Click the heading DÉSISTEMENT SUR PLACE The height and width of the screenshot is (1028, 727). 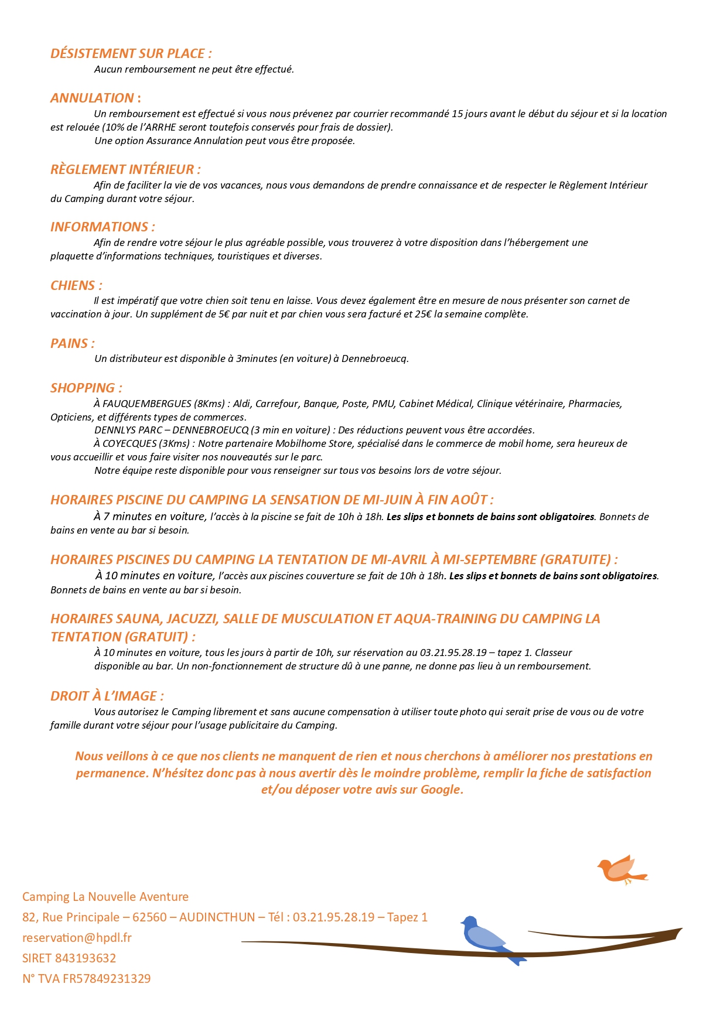click(131, 53)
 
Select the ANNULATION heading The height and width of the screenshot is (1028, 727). click(95, 98)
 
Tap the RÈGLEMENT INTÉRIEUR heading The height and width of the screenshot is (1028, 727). click(125, 169)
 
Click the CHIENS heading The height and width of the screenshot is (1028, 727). click(76, 285)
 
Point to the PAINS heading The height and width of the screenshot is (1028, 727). click(72, 343)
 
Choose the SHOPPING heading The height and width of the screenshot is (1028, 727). click(86, 388)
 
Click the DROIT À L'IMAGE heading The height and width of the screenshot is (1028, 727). click(107, 696)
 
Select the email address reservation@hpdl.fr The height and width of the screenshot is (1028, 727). click(77, 937)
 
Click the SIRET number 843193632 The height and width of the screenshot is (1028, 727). click(85, 958)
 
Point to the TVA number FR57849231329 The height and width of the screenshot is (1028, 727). click(102, 978)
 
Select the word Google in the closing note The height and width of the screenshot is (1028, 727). click(440, 789)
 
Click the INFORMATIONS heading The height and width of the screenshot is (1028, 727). click(103, 227)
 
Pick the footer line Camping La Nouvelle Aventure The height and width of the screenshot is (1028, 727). click(105, 896)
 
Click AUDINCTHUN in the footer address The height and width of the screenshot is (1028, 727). click(217, 917)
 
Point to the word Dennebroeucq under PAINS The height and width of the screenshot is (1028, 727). click(374, 358)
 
